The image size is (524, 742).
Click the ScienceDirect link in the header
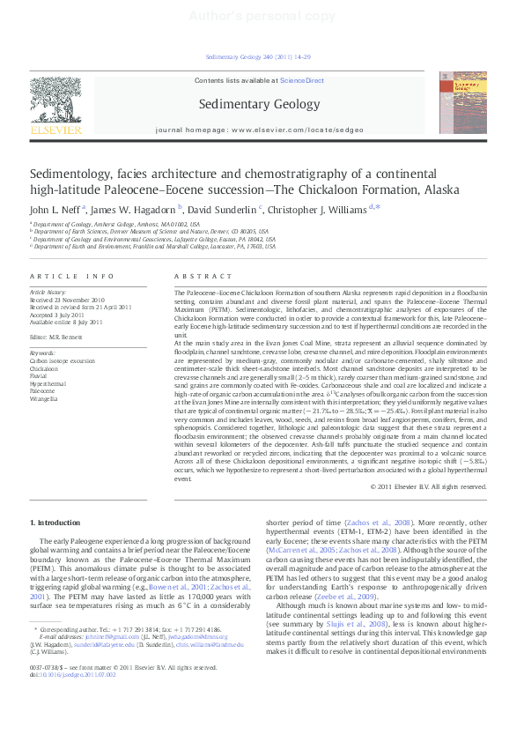click(302, 80)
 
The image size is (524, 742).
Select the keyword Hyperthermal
click(48, 384)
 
